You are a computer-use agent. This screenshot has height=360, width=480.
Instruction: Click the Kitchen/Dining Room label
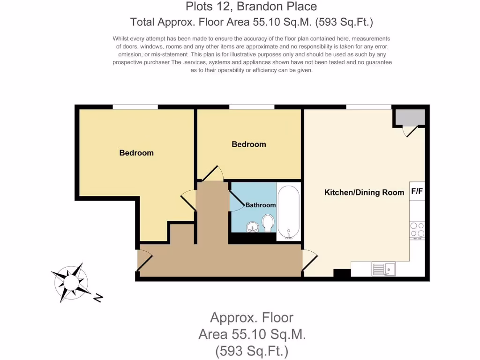364,192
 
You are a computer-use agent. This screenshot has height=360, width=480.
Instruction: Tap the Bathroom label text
261,205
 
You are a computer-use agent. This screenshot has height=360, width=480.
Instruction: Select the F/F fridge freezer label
417,191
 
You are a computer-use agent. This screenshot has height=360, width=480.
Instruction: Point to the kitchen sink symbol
383,269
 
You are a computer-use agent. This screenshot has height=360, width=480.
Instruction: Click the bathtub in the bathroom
288,212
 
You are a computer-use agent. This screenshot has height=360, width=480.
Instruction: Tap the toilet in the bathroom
269,223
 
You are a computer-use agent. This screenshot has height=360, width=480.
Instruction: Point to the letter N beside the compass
98,298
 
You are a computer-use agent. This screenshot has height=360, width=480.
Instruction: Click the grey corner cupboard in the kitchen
410,117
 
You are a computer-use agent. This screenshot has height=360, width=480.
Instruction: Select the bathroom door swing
236,202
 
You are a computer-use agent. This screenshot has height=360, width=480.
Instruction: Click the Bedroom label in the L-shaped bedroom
136,153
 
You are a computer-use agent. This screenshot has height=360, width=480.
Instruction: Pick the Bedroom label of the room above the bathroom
249,144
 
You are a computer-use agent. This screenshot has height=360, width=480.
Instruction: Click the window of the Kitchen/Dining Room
368,107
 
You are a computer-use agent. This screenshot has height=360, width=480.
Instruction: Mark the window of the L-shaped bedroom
135,107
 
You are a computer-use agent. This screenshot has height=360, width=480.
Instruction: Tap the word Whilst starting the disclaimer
122,38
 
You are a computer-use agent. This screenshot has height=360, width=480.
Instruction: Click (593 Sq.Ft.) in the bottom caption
252,351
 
